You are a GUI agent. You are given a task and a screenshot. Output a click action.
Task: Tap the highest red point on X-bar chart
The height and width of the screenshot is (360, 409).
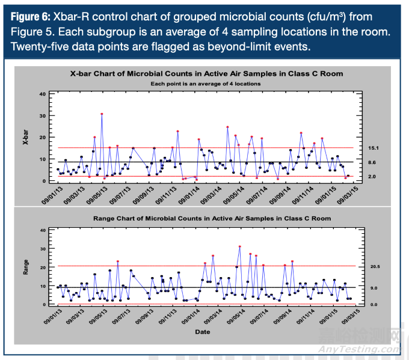[x=102, y=114]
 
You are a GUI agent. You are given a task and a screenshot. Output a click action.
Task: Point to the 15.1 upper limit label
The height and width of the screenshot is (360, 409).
[x=373, y=148]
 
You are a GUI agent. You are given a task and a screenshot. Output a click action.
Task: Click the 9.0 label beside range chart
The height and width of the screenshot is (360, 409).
[x=373, y=288]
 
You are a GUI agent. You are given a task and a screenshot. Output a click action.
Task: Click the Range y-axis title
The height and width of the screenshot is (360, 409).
[x=25, y=267]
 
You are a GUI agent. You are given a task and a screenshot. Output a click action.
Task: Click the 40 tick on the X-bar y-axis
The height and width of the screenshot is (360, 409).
[x=42, y=94]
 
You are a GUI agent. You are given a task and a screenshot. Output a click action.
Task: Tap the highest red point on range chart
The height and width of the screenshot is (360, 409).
[x=239, y=246]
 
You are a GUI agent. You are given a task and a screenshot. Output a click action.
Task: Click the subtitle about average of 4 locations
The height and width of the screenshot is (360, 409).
[x=205, y=83]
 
